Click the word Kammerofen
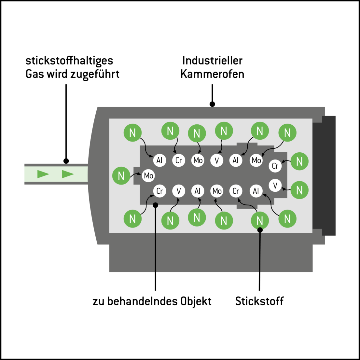212,74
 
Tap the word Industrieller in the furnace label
212,61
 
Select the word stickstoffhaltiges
69,61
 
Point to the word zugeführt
95,74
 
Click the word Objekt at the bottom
196,301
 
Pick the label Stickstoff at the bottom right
259,301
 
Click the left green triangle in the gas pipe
43,174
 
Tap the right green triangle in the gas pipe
68,174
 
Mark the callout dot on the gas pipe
66,161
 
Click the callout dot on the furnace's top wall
212,104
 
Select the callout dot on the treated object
156,205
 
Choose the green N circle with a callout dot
260,221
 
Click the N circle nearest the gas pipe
121,176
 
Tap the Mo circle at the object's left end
148,176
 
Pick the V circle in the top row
217,160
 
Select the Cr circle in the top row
178,160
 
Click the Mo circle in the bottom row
217,191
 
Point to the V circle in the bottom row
178,191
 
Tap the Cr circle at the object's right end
275,166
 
